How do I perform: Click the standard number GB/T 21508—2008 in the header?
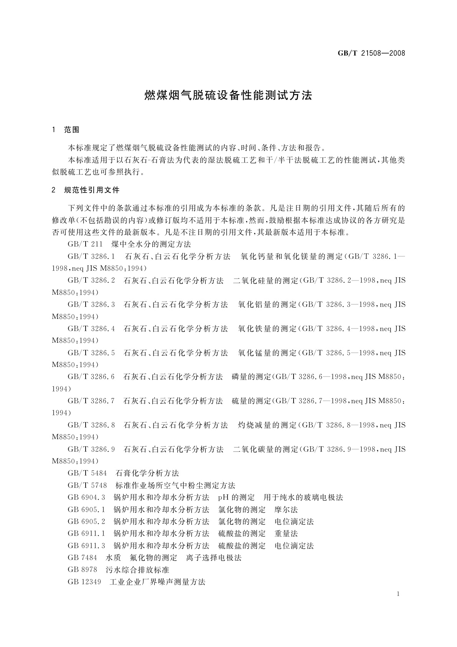(x=371, y=53)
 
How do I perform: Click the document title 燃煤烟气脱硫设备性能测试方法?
(x=228, y=95)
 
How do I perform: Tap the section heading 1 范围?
(x=66, y=130)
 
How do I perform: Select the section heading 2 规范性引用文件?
(x=86, y=190)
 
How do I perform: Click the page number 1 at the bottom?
(x=398, y=594)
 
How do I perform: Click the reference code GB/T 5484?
(x=87, y=473)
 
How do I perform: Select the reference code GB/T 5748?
(x=87, y=485)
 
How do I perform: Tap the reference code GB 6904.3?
(x=86, y=498)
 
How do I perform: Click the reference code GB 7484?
(x=82, y=557)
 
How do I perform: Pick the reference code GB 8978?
(x=82, y=569)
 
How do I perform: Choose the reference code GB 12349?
(x=84, y=582)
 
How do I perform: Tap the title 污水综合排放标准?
(x=137, y=569)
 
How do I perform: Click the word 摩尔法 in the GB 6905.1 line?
(x=286, y=510)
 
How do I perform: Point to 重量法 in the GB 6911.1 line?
(x=286, y=534)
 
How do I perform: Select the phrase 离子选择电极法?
(x=213, y=557)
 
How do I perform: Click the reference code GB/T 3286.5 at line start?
(x=91, y=353)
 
